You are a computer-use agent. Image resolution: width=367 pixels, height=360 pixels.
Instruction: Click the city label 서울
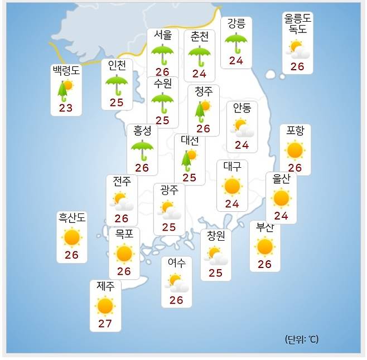[x=163, y=35]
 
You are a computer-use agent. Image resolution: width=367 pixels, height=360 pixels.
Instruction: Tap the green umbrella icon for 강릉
[x=236, y=42]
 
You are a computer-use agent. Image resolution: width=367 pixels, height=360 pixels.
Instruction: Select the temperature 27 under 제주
[x=105, y=324]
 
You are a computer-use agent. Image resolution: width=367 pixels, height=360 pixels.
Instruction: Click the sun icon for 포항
[x=294, y=149]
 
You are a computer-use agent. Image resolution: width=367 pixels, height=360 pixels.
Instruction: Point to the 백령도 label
[x=66, y=71]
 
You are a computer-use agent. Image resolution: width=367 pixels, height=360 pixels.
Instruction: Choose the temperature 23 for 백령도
[x=66, y=108]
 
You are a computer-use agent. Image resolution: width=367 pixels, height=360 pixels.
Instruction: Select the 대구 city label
[x=232, y=167]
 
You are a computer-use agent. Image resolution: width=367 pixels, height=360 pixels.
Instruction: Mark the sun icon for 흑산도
[x=72, y=238]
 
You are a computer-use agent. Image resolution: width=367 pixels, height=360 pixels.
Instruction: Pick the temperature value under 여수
[x=176, y=300]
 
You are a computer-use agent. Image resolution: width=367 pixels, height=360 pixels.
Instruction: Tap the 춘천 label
[x=199, y=37]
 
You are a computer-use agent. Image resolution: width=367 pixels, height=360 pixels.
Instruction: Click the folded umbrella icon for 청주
[x=202, y=110]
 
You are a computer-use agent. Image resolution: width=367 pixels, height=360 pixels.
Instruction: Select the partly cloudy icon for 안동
[x=242, y=128]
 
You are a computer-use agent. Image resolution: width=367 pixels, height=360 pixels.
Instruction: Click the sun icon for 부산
[x=264, y=246]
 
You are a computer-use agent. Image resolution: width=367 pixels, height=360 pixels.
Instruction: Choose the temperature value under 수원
[x=162, y=120]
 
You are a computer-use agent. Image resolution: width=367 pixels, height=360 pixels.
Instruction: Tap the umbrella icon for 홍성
[x=142, y=148]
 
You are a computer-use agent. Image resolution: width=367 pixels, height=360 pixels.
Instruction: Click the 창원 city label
[x=215, y=236]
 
